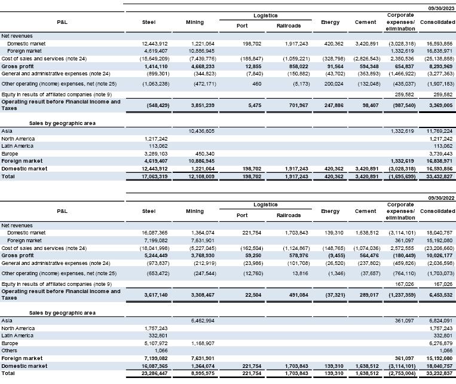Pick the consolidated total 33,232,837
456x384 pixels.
point(436,373)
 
